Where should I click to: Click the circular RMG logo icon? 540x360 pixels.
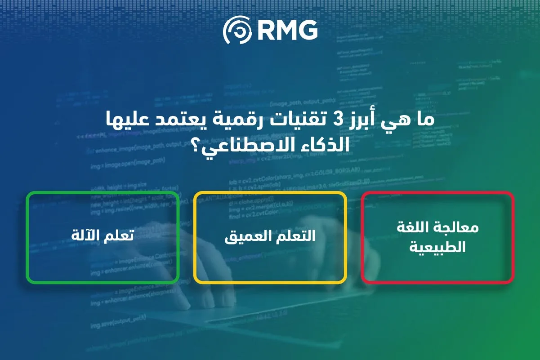click(238, 31)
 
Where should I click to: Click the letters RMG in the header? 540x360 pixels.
click(288, 31)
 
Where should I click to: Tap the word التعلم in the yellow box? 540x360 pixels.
click(295, 237)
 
